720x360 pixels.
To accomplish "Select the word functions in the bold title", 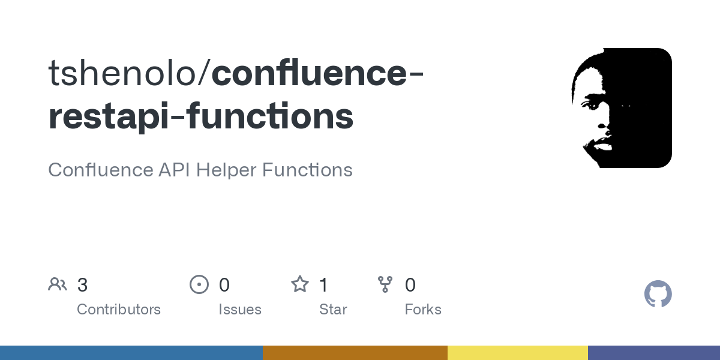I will point(270,116).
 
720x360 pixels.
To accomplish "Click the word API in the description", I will point(174,170).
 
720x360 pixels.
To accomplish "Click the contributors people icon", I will point(58,284).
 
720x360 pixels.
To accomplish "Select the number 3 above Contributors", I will point(83,285).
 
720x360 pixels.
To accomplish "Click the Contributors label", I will point(119,310).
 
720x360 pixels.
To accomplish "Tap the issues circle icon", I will point(199,284).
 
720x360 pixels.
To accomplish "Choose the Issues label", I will point(240,310).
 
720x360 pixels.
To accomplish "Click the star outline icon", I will point(299,284).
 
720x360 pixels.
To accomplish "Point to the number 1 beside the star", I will point(323,285).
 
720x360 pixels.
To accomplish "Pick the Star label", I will point(333,310).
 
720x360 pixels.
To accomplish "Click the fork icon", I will point(385,284).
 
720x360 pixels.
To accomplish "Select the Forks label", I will point(423,310).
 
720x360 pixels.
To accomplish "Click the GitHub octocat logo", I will point(658,294).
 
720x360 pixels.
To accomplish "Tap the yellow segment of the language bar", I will point(517,353).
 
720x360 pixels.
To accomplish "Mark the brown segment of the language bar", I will point(355,353).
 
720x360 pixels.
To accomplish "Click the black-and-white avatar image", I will point(622,108).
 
